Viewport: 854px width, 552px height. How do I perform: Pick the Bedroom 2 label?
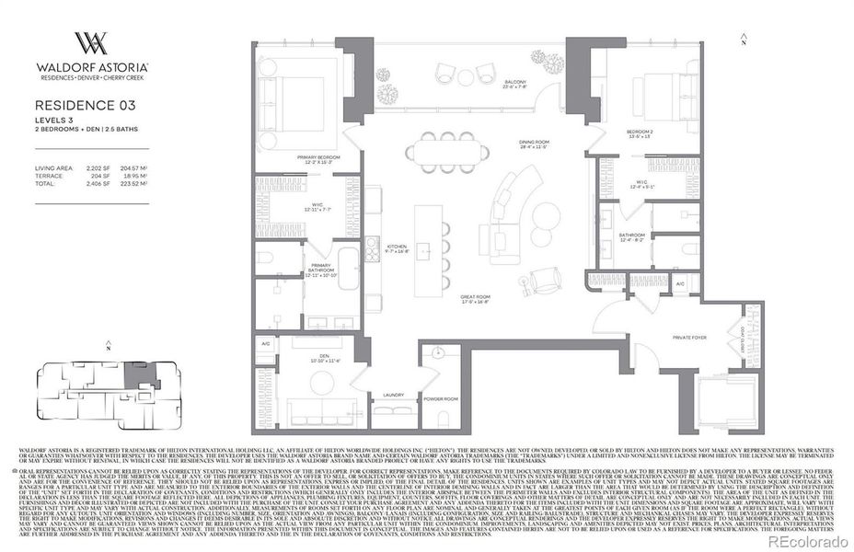click(x=639, y=132)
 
